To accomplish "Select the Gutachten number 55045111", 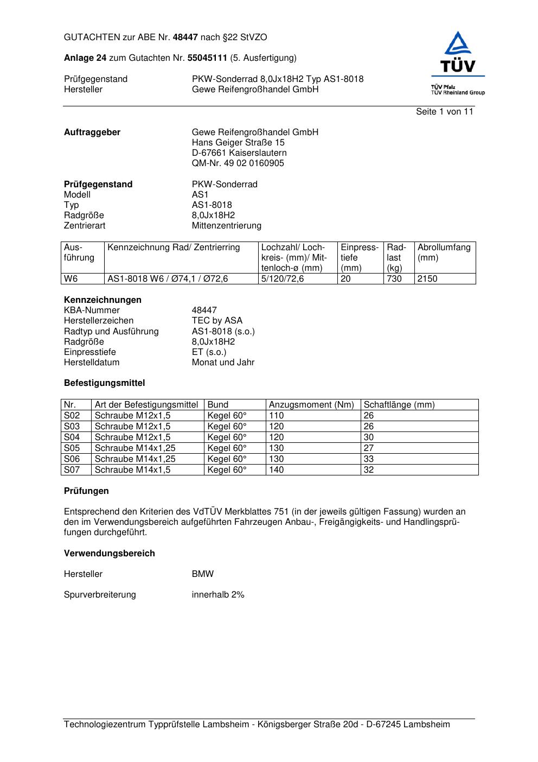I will [208, 58].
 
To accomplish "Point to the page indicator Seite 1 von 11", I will [444, 112].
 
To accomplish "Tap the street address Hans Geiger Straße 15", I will [238, 143].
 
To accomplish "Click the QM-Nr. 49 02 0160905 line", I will [238, 163].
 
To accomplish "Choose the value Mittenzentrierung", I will [226, 226].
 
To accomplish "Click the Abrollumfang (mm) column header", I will [444, 252].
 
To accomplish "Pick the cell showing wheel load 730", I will [394, 279].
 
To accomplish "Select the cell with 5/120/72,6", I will [283, 279].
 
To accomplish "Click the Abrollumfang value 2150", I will [427, 279].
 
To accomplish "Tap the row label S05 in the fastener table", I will [72, 448].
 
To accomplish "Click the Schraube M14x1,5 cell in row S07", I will [132, 470].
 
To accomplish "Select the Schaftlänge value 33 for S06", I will [369, 459].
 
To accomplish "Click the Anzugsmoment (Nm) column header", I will [311, 405].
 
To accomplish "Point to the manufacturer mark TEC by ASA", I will [217, 321].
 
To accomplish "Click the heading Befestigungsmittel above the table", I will [104, 383].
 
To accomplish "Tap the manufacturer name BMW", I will [203, 574].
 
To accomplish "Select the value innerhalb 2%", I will [218, 595].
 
